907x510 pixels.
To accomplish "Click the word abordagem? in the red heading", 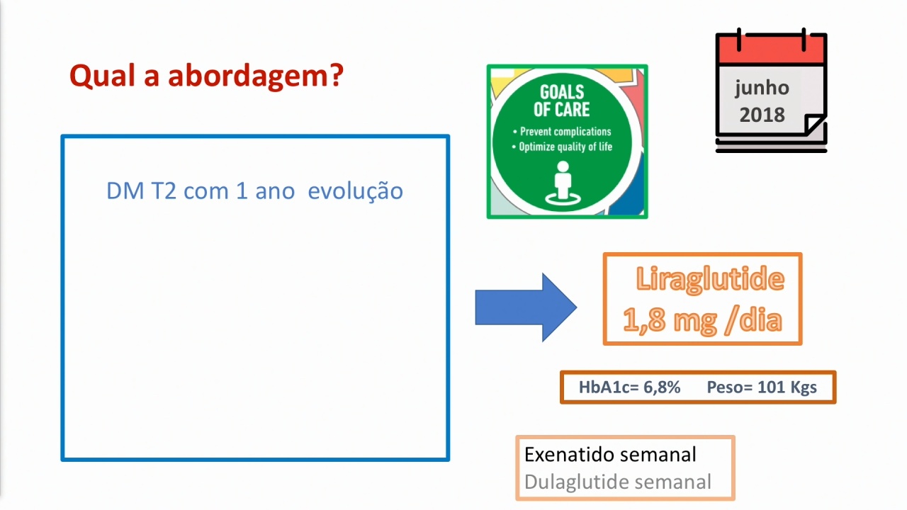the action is coord(256,76).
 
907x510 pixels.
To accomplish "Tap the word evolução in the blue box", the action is coord(356,191).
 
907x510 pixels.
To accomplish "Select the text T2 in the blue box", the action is coord(164,191).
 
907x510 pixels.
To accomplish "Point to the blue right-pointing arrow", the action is coord(526,307).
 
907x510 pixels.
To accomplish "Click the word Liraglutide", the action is coord(710,279).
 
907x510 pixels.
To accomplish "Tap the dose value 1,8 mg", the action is coord(670,320).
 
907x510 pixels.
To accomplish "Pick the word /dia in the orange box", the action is coord(754,319).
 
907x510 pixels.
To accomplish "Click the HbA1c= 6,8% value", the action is coord(630,387).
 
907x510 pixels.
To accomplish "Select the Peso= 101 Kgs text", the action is coord(762,387).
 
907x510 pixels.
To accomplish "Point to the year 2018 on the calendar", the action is coord(762,115).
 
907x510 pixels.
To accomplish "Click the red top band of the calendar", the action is coord(771,50).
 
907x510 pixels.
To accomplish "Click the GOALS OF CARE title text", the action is coord(562,101).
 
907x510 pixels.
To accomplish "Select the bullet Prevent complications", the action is coord(562,132).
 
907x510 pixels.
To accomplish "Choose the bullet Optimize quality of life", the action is coord(562,147).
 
